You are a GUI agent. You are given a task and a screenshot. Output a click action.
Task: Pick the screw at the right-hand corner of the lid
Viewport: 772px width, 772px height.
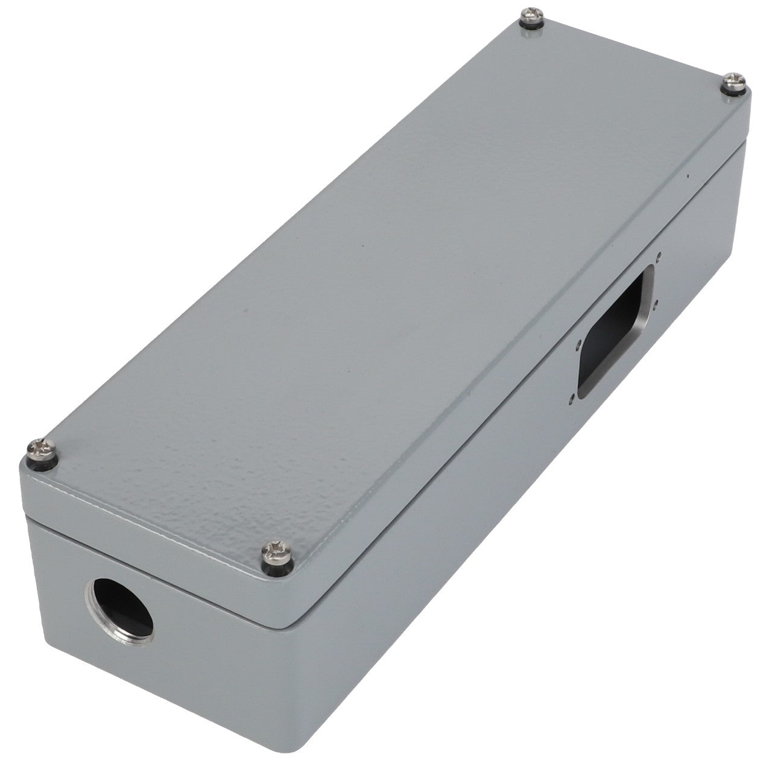click(x=735, y=81)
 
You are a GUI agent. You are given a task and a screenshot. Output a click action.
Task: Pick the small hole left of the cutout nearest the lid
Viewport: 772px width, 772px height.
click(x=579, y=344)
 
